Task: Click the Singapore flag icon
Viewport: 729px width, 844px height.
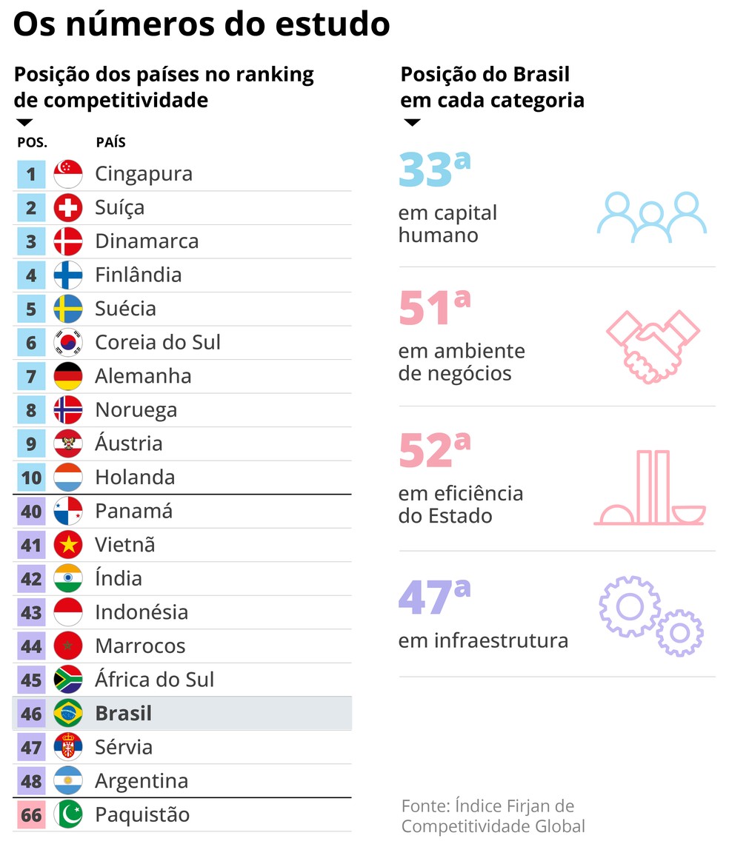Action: [68, 174]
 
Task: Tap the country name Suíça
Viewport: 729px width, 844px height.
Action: [119, 208]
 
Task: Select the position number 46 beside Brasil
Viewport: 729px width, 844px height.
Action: [31, 714]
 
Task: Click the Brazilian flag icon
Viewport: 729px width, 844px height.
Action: [68, 714]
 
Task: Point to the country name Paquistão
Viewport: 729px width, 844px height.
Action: [142, 815]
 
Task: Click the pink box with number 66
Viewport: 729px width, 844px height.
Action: [31, 815]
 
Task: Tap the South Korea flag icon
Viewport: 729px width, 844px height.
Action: [68, 343]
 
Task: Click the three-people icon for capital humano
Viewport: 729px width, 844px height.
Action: [651, 217]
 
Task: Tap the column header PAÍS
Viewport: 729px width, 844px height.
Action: [110, 142]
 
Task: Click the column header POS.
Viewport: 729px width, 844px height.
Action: [32, 142]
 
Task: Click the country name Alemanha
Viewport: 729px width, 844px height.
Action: [143, 376]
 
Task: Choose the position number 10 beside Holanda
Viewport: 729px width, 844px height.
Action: [31, 478]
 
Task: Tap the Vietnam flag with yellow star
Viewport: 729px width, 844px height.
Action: [68, 545]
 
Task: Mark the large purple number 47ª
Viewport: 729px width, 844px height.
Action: [434, 598]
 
